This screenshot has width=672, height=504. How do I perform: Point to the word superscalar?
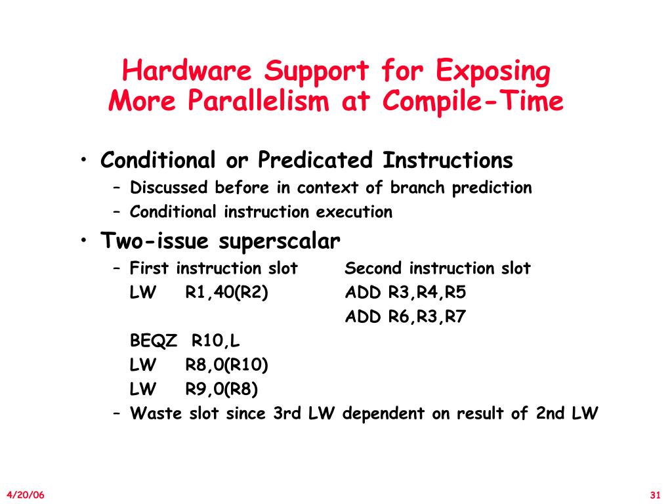(280, 241)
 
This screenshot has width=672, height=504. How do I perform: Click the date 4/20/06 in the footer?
(26, 494)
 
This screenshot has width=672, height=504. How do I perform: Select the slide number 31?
(654, 494)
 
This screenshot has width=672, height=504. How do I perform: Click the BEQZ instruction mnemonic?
(154, 341)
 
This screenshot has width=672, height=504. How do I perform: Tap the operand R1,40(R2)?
(226, 293)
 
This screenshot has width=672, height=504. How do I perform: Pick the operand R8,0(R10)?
(226, 365)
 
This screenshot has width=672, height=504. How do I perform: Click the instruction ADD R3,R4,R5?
(406, 293)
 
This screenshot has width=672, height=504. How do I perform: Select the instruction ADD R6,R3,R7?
(406, 317)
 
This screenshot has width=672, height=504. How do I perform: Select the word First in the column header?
(150, 268)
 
